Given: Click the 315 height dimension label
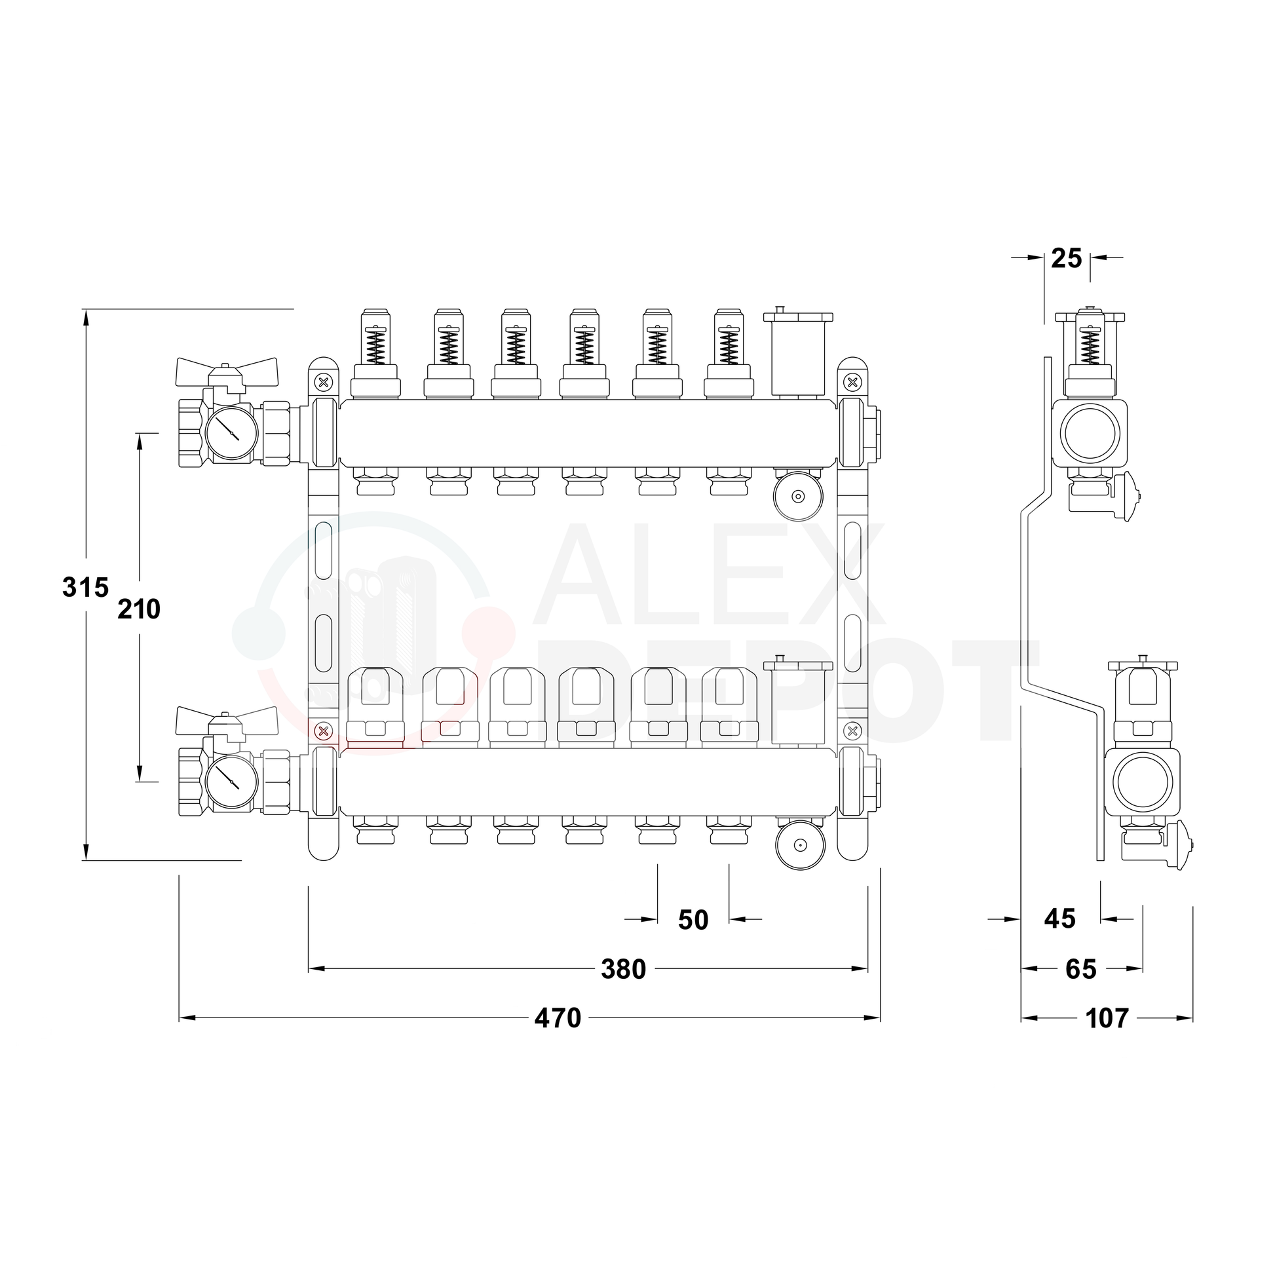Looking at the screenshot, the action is point(85,587).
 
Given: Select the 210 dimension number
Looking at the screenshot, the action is point(139,609).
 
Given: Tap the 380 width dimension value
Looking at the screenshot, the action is point(623,970).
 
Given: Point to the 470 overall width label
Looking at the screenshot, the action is point(558,1018).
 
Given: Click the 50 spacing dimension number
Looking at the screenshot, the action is point(693,920).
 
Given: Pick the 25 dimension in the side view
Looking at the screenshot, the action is point(1067,259).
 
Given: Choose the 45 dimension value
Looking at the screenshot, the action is point(1060,919).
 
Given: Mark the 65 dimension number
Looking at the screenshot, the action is point(1081,970).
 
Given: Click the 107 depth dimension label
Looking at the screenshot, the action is point(1107,1018).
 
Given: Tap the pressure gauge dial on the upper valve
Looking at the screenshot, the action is point(231,432).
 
